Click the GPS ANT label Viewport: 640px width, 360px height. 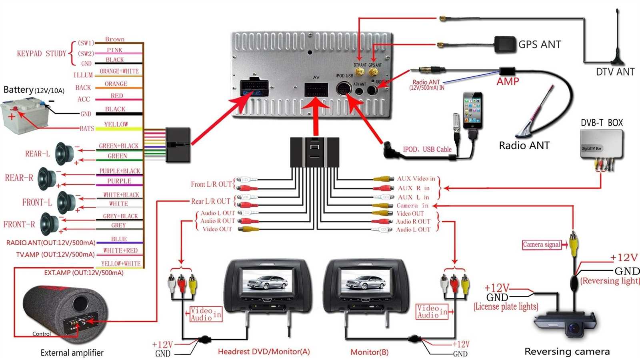point(539,44)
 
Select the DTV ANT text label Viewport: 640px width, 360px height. point(615,72)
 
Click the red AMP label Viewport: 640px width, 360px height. point(508,82)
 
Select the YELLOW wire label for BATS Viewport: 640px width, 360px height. point(116,124)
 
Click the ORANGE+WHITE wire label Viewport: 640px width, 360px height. point(119,71)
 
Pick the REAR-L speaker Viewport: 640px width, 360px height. point(64,154)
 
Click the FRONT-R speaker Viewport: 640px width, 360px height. point(49,224)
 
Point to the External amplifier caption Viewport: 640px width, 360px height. point(72,353)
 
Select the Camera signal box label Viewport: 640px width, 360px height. point(541,244)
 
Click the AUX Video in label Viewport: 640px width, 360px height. point(416,179)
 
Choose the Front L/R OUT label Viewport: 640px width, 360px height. point(211,184)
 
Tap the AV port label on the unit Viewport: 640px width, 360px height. point(316,77)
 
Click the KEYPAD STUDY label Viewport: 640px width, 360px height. point(41,54)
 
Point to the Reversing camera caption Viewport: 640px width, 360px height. point(567,352)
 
